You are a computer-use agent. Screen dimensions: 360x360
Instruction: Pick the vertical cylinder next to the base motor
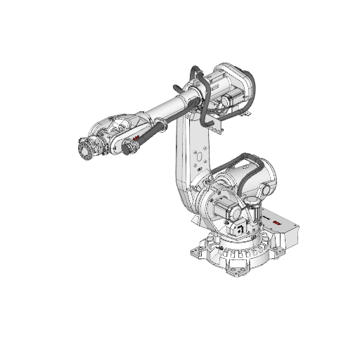[252, 214]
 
